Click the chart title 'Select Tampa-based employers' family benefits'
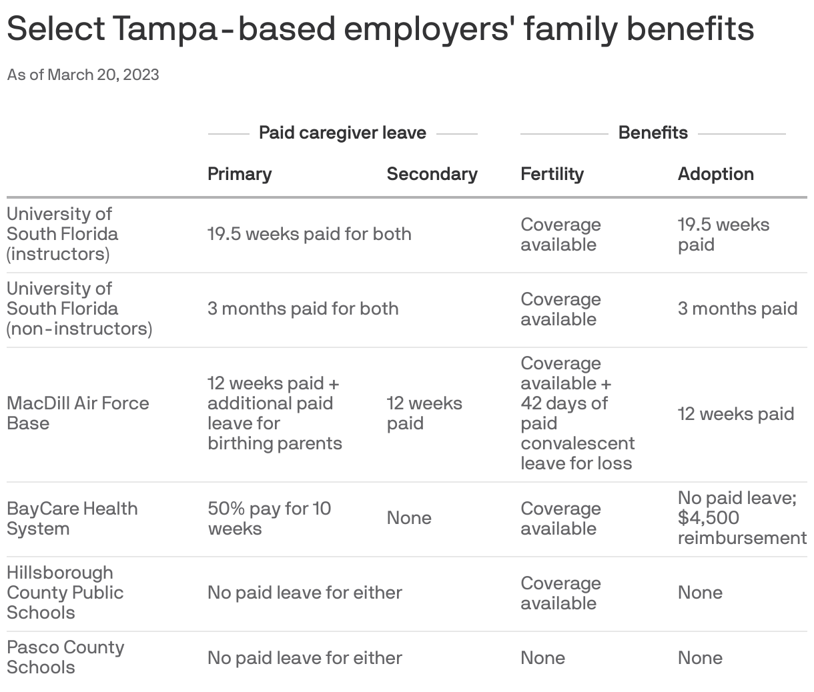click(380, 29)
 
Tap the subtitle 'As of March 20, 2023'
click(83, 75)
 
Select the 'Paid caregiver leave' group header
click(342, 133)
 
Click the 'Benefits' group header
click(653, 133)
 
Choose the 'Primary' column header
click(240, 174)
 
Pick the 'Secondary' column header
click(432, 174)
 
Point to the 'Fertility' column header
click(552, 174)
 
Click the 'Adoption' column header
click(715, 174)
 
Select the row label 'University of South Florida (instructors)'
click(62, 234)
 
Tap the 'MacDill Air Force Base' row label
click(77, 413)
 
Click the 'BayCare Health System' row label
click(72, 518)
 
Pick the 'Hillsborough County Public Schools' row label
click(65, 593)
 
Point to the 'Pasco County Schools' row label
click(65, 657)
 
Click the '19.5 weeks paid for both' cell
click(309, 234)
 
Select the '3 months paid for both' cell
click(303, 309)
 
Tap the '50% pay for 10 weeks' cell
click(269, 518)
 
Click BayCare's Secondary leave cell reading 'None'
click(409, 518)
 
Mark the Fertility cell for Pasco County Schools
click(542, 658)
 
